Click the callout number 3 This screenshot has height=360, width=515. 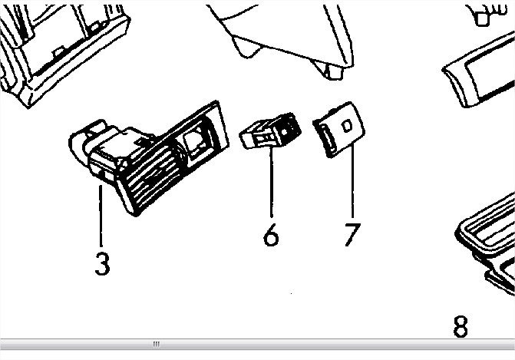[x=103, y=263]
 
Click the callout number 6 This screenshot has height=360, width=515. [x=271, y=235]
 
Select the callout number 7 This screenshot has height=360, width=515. [x=352, y=235]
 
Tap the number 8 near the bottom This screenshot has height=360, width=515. [x=461, y=326]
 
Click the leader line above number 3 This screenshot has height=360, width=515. [x=101, y=216]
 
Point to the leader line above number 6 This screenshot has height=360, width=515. [x=271, y=182]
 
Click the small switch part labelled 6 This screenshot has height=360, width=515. [x=270, y=130]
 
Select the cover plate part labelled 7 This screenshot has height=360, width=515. [x=338, y=130]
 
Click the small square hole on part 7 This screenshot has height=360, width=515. [x=347, y=126]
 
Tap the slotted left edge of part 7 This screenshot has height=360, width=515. [x=325, y=139]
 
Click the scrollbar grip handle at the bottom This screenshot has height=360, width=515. [x=157, y=344]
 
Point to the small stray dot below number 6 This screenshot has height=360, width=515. [x=292, y=294]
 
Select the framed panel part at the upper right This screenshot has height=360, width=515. [x=478, y=70]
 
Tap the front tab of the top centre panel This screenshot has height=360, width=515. [x=332, y=71]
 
